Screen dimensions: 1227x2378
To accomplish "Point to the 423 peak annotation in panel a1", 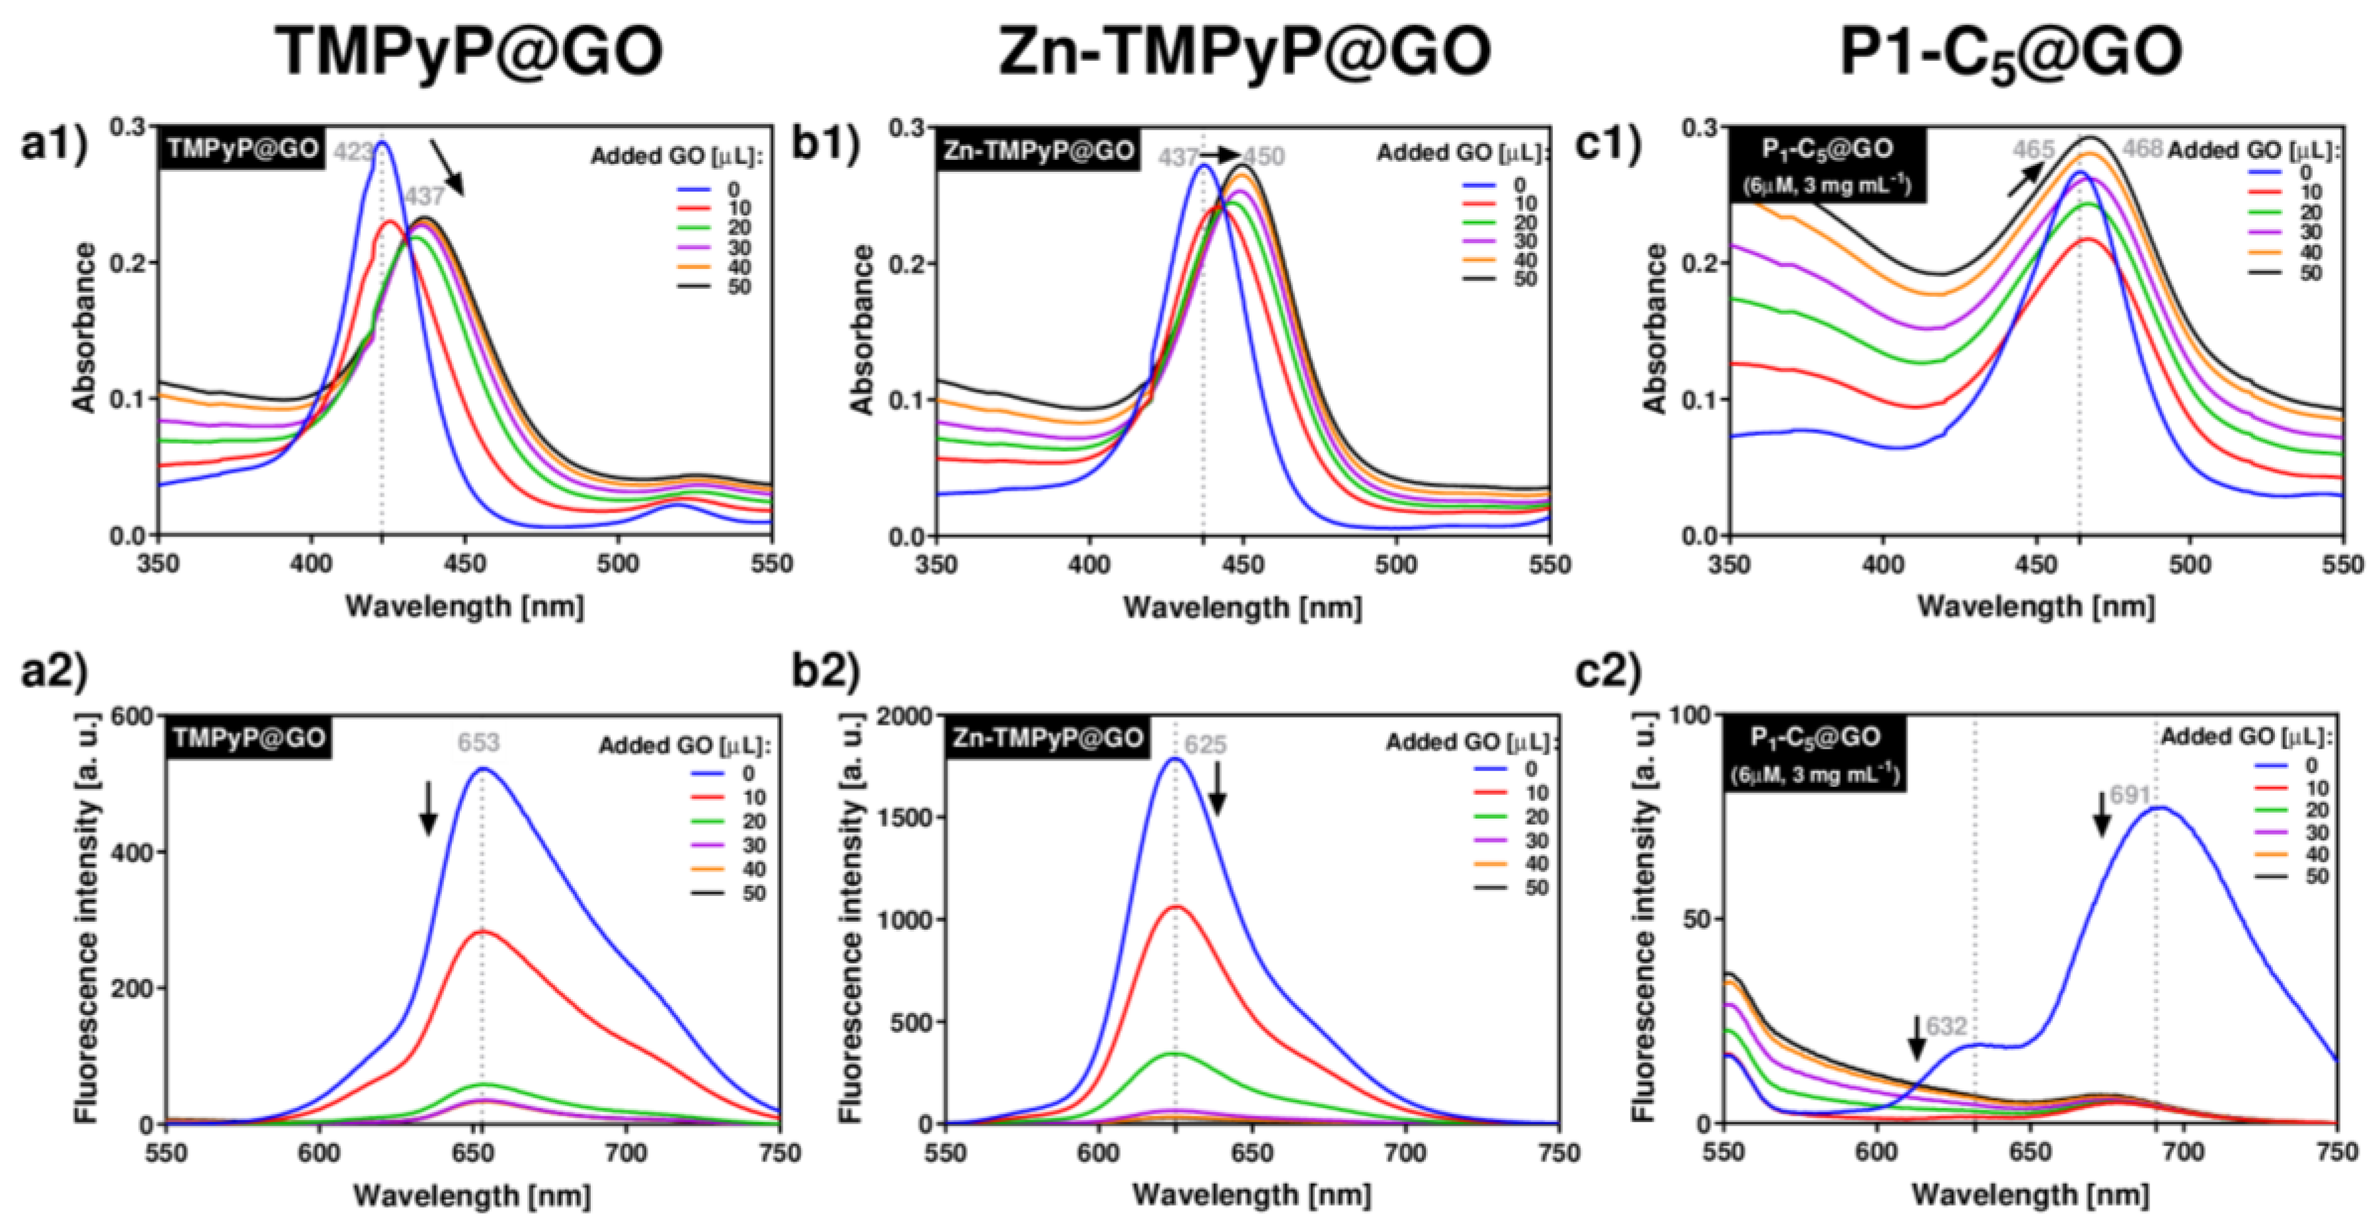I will tap(353, 153).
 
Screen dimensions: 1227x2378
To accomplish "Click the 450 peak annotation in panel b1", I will tap(1264, 157).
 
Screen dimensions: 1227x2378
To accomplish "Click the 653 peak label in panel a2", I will tap(478, 741).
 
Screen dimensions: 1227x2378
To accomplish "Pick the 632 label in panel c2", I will tap(1945, 1027).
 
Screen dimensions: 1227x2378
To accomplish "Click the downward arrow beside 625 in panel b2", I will tap(1216, 790).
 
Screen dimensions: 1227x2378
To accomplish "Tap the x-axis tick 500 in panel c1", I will tap(2189, 564).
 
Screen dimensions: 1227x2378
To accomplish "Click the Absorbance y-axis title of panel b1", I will tap(862, 330).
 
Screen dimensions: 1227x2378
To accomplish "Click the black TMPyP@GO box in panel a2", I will tap(248, 739).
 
